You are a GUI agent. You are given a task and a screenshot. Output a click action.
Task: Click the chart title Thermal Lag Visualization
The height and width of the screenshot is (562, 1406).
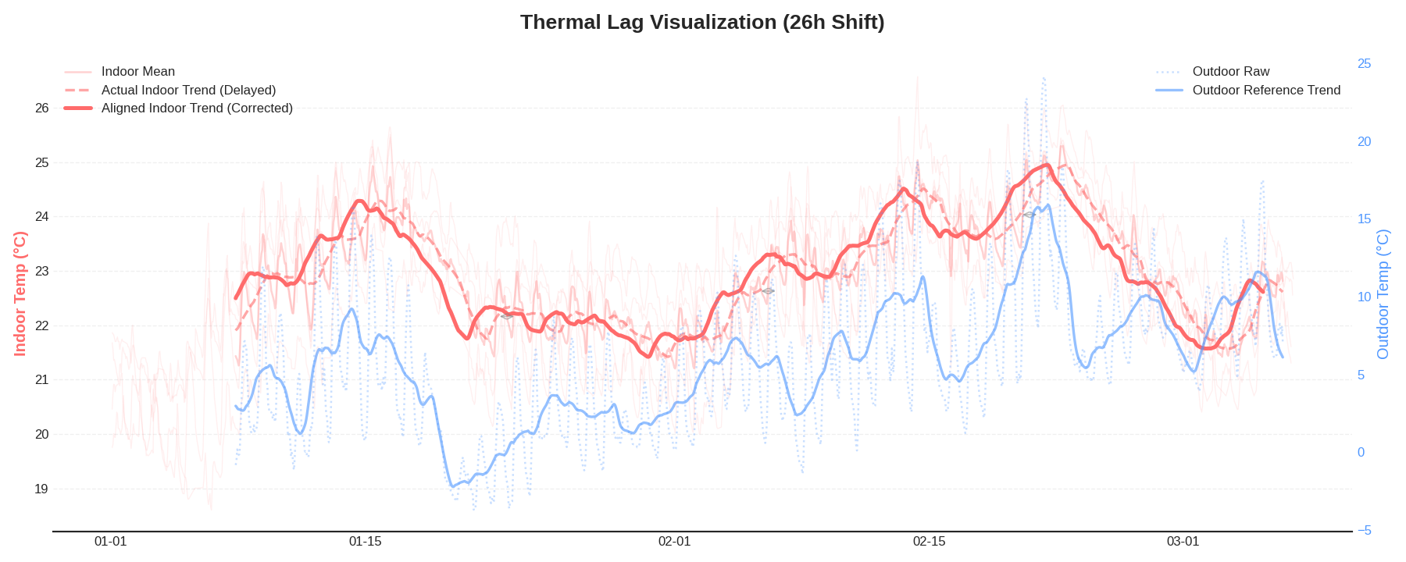pos(702,22)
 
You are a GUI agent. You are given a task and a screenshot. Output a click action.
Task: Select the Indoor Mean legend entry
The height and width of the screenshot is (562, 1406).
pos(137,72)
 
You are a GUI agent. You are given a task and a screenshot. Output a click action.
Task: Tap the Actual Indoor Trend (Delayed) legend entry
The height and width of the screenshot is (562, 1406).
pos(188,91)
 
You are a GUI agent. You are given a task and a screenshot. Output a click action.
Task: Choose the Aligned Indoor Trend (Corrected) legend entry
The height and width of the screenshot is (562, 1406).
pos(197,108)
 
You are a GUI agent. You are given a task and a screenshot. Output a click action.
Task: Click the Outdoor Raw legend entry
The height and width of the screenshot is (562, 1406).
pos(1230,72)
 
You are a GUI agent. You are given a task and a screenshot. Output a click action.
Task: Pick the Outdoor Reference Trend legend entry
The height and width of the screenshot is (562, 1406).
pos(1265,91)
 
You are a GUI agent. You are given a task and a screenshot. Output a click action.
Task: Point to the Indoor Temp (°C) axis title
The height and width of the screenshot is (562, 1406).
pos(20,293)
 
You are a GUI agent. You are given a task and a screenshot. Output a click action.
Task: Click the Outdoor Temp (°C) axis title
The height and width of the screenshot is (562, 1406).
pos(1383,294)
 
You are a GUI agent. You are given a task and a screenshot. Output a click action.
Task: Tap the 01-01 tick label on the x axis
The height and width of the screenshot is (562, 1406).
pos(110,542)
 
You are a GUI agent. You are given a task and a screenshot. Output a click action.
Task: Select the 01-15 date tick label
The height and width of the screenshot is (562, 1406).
pos(365,542)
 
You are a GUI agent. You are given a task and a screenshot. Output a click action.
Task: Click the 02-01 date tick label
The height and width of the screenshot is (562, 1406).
pos(674,542)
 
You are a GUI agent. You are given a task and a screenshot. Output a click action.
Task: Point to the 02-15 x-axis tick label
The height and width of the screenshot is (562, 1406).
pos(929,542)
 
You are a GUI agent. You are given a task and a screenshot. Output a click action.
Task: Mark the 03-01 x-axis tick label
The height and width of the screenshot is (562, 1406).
pos(1183,542)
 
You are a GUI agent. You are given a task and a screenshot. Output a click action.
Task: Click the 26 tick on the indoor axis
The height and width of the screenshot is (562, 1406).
pos(42,108)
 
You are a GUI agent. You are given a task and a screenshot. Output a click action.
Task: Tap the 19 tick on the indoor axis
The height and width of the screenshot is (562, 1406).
pos(42,489)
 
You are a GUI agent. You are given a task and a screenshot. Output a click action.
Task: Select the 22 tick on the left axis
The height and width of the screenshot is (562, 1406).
pos(42,326)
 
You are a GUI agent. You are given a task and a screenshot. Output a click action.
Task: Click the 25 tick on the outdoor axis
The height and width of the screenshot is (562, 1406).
pos(1364,64)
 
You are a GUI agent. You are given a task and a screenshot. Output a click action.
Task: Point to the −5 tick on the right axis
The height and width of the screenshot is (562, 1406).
pos(1364,531)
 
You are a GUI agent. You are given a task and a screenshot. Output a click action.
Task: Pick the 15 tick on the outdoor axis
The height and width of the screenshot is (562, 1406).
pos(1364,219)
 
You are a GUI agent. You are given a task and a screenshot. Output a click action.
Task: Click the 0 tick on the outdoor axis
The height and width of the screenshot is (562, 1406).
pos(1361,453)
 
